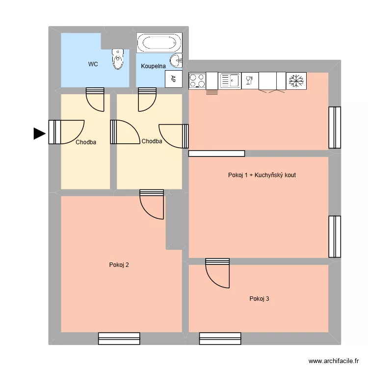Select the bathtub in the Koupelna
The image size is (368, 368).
159,43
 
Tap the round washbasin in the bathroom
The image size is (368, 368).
176,61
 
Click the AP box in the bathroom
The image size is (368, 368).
173,79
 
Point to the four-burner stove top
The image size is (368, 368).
197,81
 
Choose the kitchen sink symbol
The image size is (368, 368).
230,81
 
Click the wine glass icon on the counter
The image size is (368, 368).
250,80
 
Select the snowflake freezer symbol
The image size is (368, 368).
296,81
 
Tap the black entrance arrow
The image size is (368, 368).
39,133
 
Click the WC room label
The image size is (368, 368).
93,64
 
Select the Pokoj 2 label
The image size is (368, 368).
119,265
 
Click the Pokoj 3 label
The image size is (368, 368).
259,298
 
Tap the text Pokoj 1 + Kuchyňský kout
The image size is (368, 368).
262,175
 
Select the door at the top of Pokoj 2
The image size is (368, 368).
151,204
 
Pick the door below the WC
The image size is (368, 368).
95,99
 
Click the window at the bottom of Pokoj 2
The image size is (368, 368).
119,339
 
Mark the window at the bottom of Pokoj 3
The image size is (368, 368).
220,339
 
